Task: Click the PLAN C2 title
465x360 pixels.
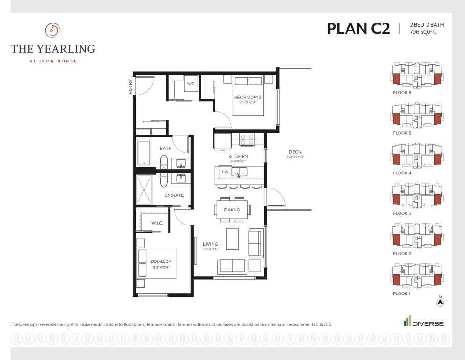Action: pos(358,29)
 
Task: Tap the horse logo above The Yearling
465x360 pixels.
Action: pos(53,30)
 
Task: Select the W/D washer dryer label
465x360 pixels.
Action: pos(191,84)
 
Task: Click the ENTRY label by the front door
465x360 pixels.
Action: pos(130,87)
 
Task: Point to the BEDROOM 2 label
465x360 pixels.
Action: pos(248,97)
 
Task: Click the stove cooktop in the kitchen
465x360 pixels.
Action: pos(247,140)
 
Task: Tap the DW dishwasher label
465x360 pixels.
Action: pos(225,172)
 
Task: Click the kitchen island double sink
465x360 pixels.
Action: pos(239,172)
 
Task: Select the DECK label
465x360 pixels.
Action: pos(295,152)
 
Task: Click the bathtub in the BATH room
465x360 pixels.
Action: pos(144,153)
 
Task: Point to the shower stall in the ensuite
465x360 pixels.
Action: pos(144,190)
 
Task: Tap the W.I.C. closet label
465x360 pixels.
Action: pos(157,223)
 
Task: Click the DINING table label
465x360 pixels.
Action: pos(232,210)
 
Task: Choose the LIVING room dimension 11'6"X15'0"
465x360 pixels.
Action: pos(210,249)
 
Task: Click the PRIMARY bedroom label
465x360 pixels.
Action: pos(161,262)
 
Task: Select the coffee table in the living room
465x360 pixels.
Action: pos(232,239)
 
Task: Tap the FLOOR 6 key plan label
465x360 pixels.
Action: pos(402,93)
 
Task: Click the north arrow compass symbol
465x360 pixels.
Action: pos(440,302)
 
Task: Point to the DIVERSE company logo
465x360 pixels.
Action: pos(423,321)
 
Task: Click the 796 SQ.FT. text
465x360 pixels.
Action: pos(423,32)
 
